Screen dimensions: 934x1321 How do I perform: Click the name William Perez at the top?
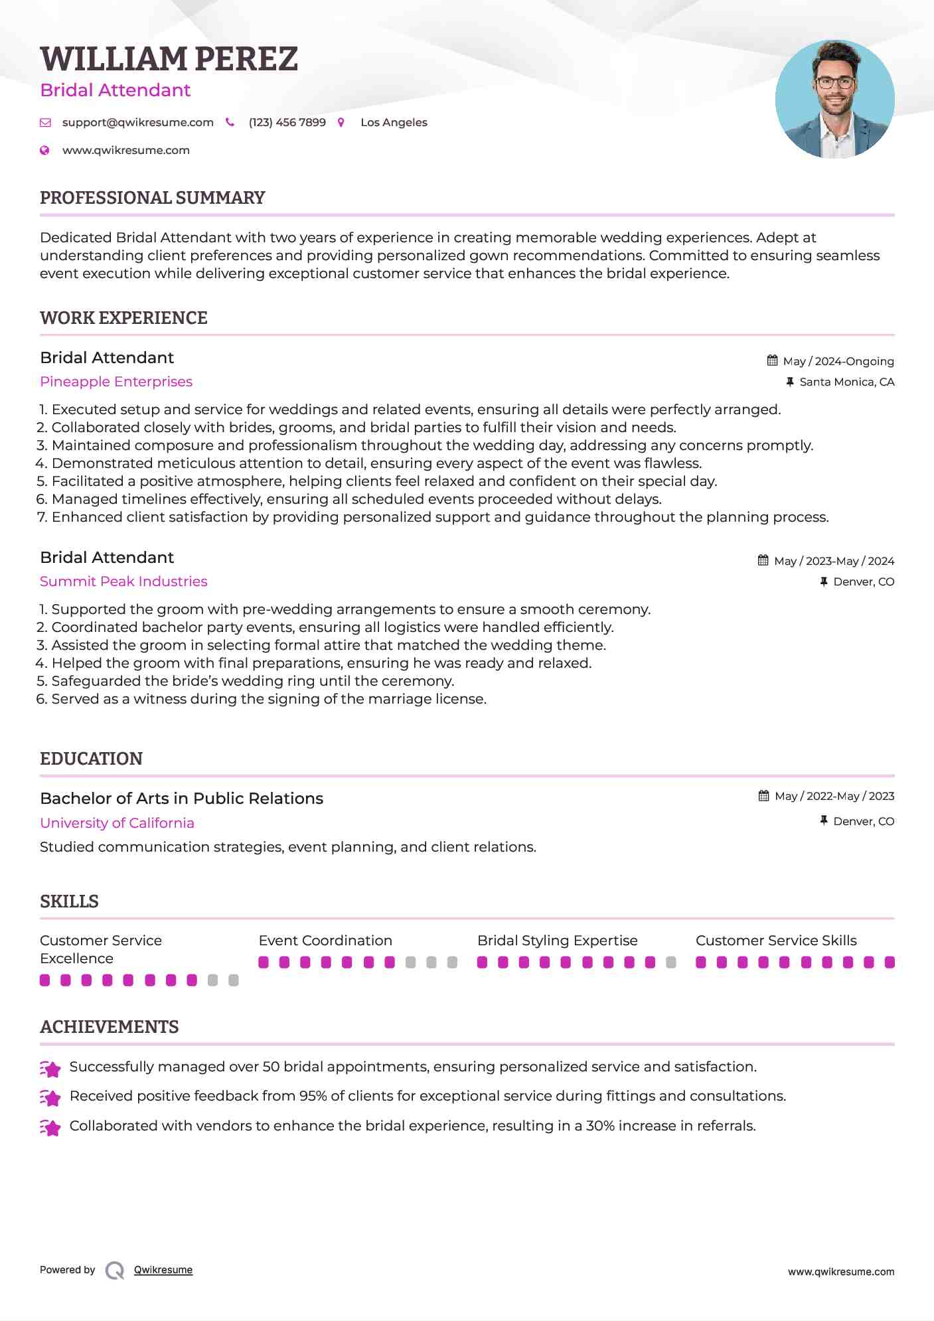point(169,59)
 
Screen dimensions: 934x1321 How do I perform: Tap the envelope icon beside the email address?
point(45,123)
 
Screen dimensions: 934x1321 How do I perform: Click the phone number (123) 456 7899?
point(287,123)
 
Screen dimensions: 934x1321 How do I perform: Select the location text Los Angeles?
point(394,123)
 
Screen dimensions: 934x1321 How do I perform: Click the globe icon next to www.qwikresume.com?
point(44,151)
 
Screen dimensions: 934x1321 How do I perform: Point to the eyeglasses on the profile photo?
point(834,83)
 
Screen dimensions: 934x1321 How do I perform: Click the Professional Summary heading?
point(152,198)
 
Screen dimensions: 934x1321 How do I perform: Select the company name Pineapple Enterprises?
point(116,382)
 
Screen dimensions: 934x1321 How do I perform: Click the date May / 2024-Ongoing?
point(838,361)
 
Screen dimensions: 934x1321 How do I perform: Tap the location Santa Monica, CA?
point(846,382)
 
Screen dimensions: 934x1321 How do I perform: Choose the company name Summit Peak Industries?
point(123,582)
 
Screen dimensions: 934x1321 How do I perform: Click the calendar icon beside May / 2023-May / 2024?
point(763,561)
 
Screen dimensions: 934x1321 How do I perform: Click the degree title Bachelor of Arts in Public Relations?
point(181,799)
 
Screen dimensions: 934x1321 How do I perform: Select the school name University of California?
point(117,823)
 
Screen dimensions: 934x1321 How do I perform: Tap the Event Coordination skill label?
point(325,941)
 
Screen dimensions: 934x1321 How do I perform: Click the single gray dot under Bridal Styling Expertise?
point(671,963)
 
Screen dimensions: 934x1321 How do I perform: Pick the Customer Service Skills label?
point(776,941)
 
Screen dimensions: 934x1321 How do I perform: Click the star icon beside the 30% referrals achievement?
point(50,1127)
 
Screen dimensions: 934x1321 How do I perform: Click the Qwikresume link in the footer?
point(163,1270)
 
